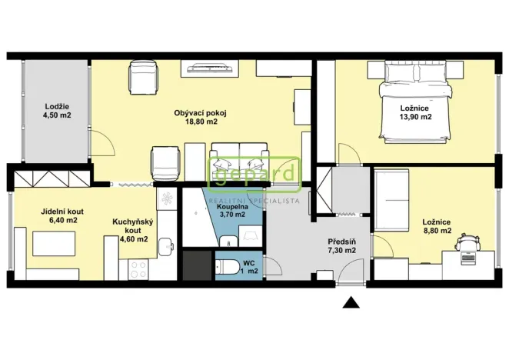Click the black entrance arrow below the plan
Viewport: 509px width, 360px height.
point(351,302)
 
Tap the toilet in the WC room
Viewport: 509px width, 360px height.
point(223,267)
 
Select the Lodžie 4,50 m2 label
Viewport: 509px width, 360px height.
point(57,111)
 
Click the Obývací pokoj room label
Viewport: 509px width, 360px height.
point(200,117)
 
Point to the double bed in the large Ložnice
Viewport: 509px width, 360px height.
point(416,102)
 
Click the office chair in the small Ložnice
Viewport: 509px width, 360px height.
point(467,241)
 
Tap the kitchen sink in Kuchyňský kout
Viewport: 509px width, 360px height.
point(166,247)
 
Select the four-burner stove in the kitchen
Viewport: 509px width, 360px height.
point(138,269)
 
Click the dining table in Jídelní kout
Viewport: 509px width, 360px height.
point(54,244)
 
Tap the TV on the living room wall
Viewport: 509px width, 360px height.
point(211,68)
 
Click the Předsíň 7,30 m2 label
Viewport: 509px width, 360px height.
point(341,246)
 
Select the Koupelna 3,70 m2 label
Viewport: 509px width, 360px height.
point(232,211)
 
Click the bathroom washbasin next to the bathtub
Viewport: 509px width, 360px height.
point(229,242)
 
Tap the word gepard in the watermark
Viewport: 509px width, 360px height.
point(254,175)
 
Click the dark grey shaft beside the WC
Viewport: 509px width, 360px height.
point(198,265)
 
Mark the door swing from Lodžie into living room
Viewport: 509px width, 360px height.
point(102,142)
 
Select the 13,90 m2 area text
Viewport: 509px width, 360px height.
point(415,117)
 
